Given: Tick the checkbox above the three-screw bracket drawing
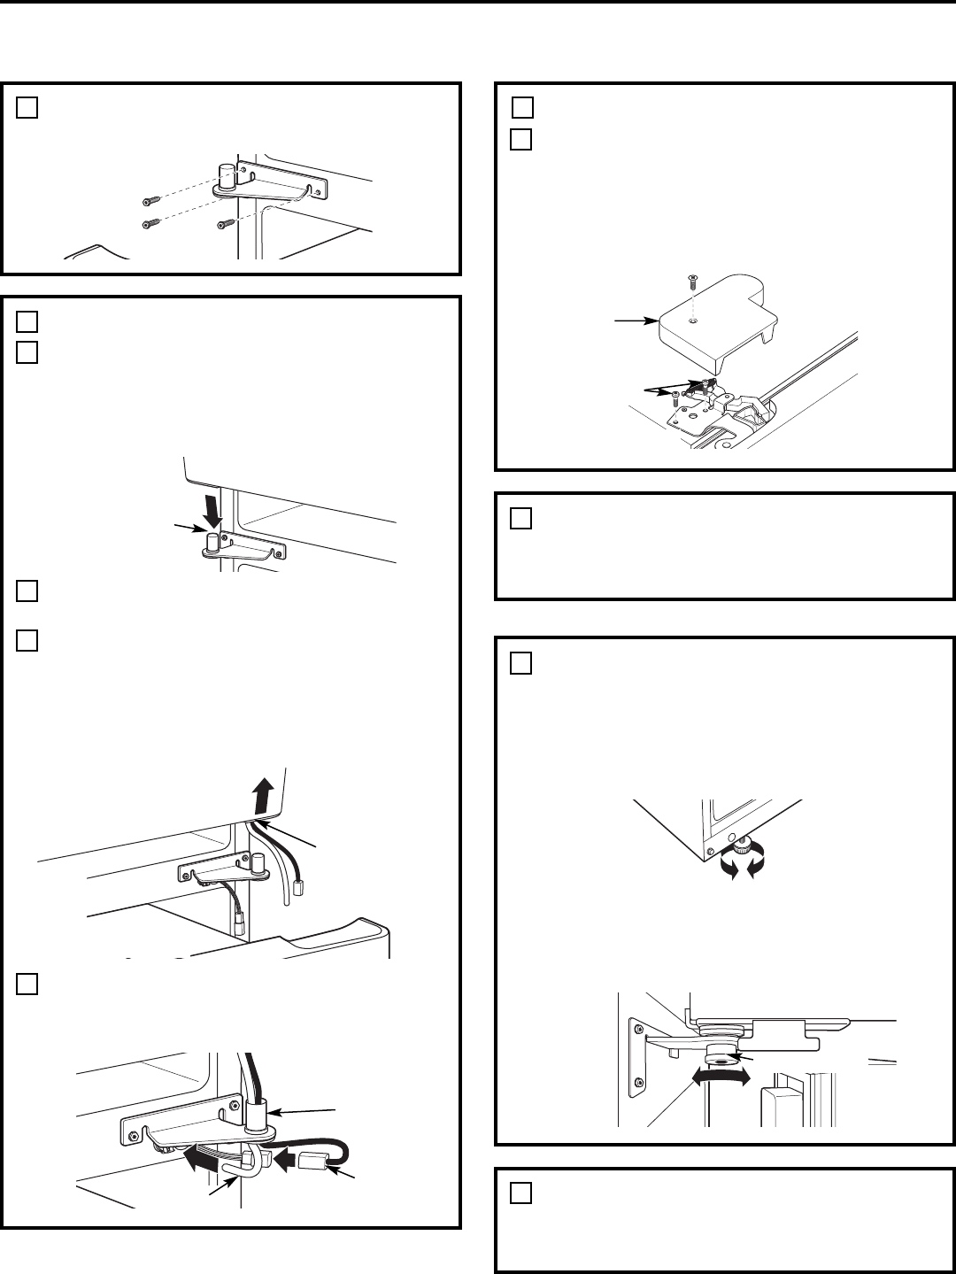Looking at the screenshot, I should click(27, 107).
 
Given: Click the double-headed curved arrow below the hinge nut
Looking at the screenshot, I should click(721, 1076).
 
